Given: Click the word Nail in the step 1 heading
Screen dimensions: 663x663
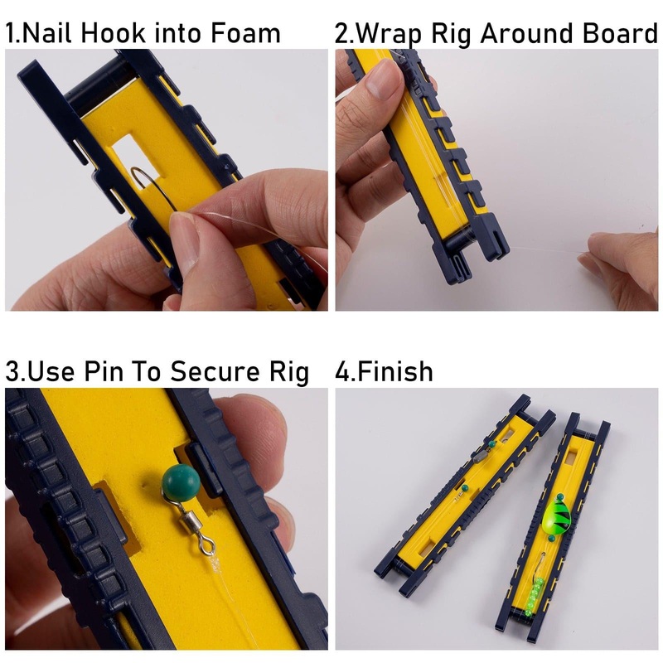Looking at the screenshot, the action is [x=46, y=33].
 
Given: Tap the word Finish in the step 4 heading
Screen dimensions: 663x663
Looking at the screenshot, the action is [x=395, y=371].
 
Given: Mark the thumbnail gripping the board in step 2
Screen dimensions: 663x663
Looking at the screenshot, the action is [x=384, y=80].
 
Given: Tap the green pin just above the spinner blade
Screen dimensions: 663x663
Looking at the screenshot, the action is [x=561, y=496].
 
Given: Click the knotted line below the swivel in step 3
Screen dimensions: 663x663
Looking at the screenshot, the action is [x=215, y=564].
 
